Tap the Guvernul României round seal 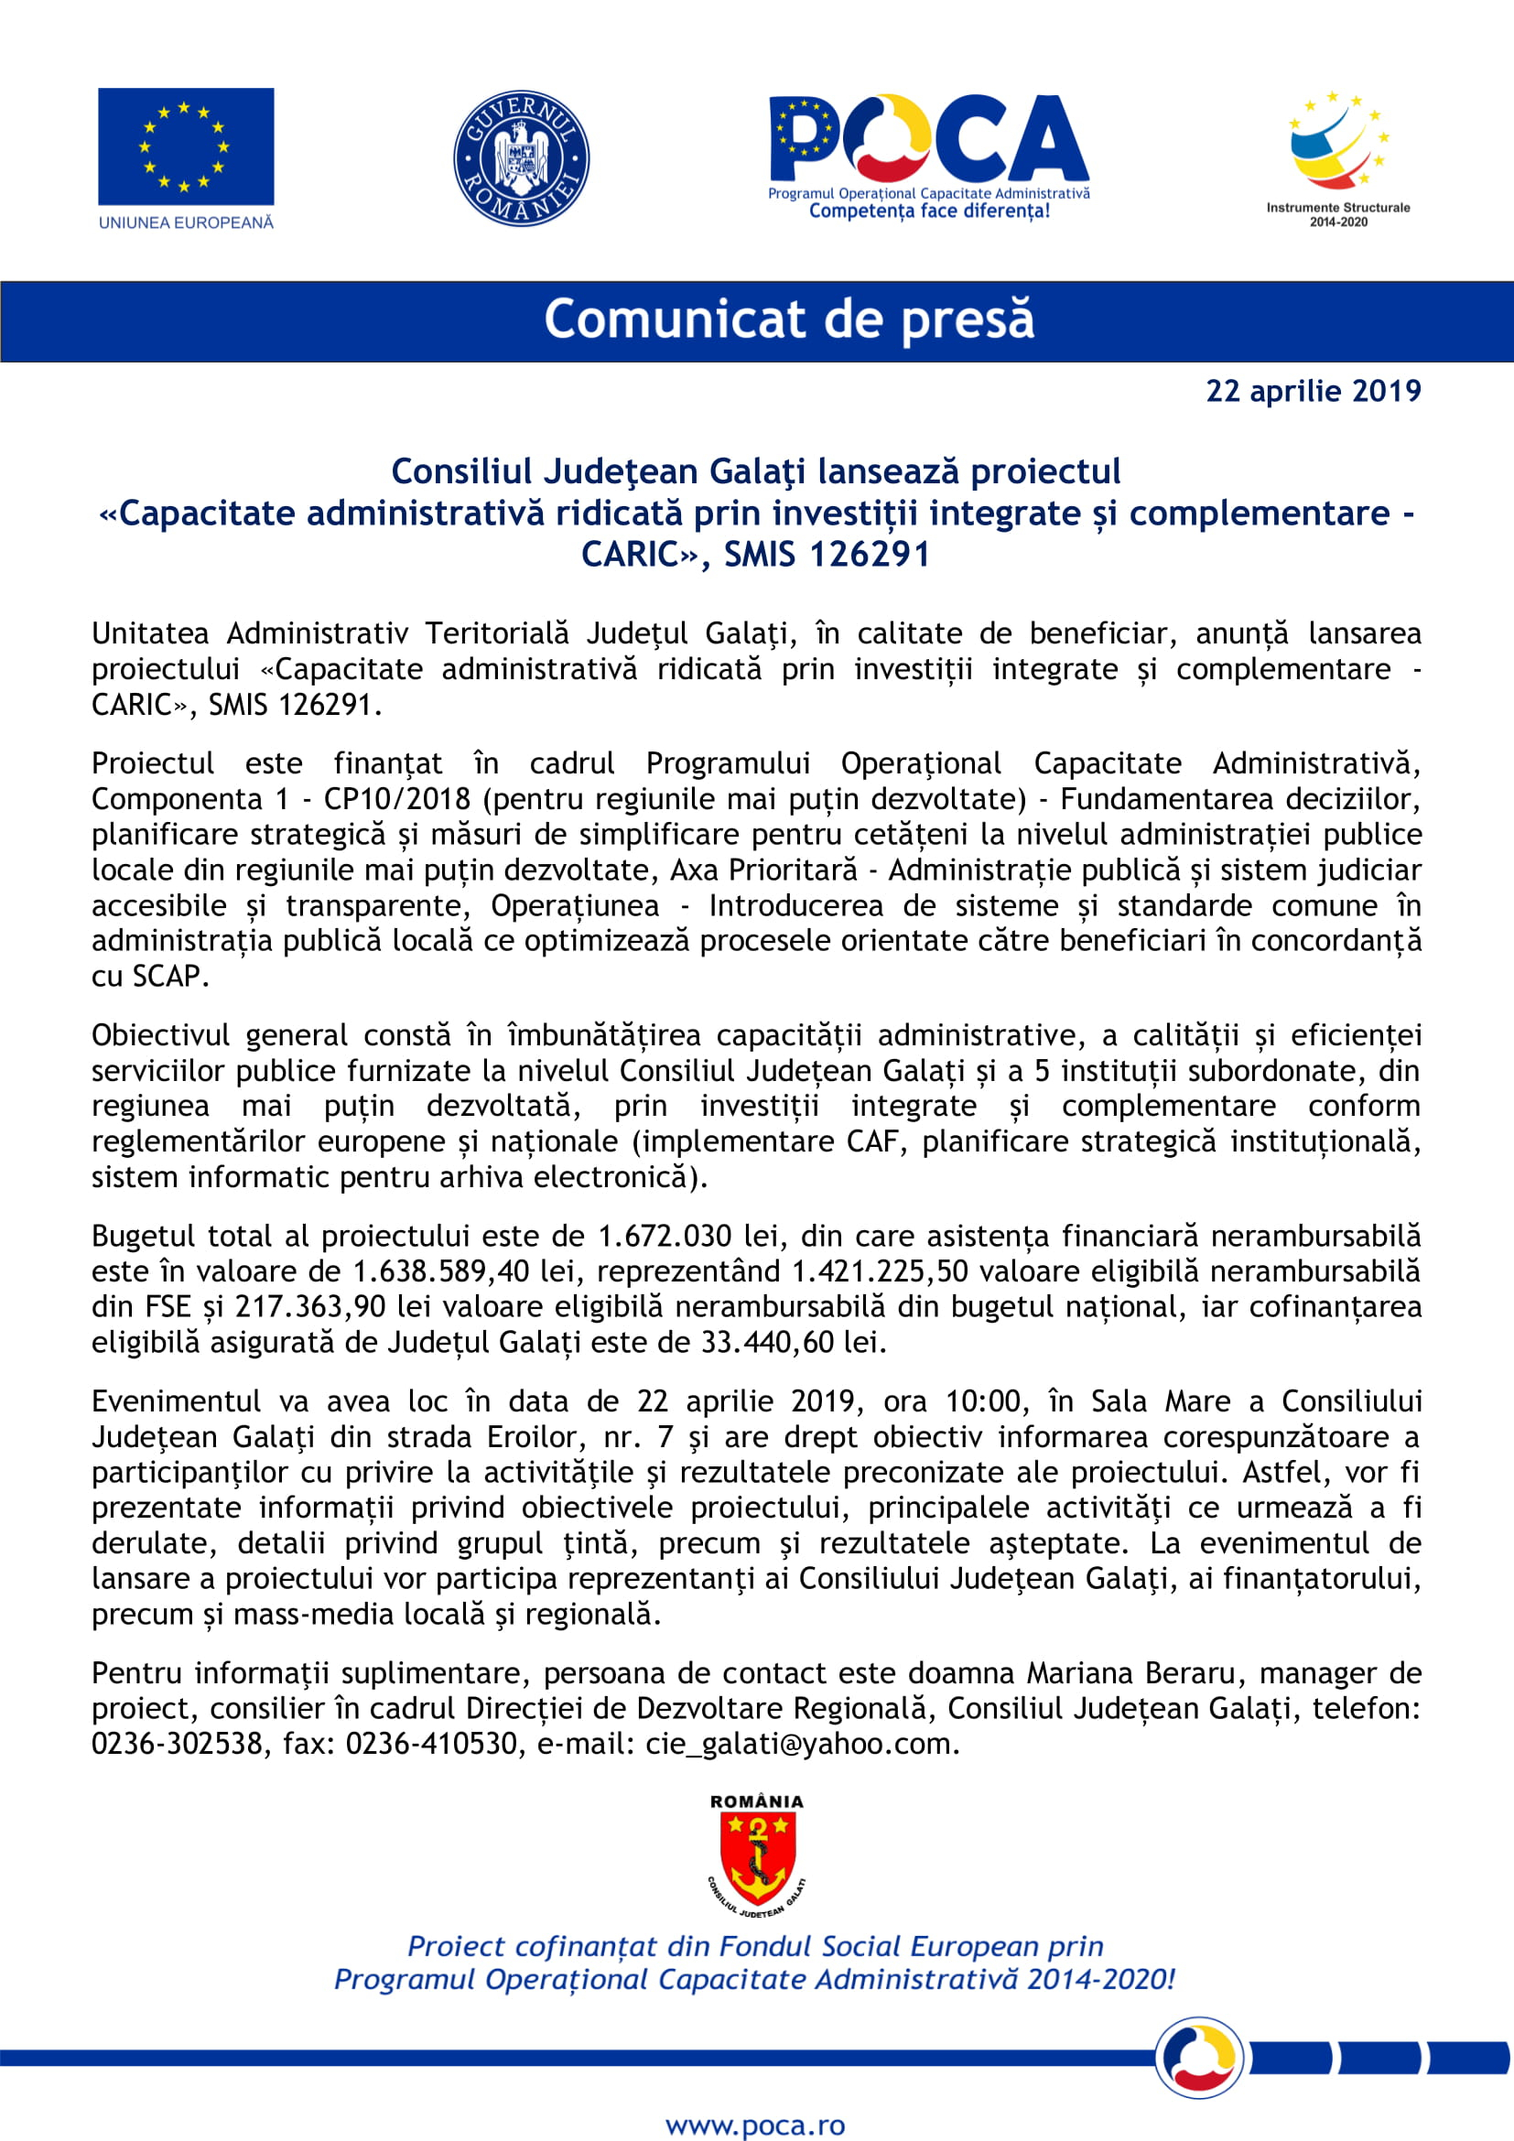(x=521, y=158)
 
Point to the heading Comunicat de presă (x=789, y=319)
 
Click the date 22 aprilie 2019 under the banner (x=1313, y=391)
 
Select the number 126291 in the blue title (x=869, y=555)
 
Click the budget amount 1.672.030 (x=665, y=1237)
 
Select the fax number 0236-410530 (x=432, y=1744)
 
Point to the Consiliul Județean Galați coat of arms (x=757, y=1856)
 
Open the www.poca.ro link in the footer (x=756, y=2119)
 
